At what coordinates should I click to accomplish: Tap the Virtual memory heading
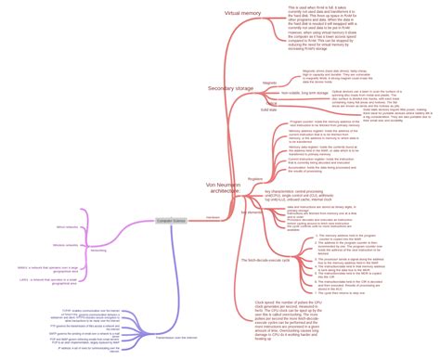244,13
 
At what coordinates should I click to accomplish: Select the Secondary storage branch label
230,87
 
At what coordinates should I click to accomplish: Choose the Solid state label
269,109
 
